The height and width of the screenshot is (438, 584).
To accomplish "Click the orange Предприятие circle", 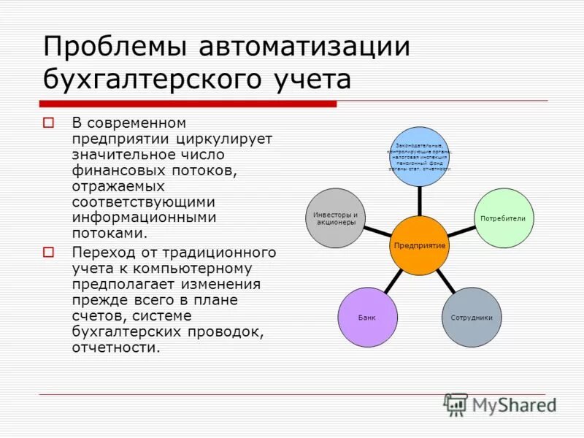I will coord(419,245).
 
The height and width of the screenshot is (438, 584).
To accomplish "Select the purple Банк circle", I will coord(367,318).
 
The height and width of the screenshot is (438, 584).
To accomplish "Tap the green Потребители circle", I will coord(503,218).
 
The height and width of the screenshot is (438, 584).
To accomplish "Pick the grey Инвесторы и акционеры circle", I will coord(335,218).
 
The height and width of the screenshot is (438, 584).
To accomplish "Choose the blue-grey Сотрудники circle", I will coord(472,318).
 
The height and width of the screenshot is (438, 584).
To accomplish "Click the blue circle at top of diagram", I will coord(419,156).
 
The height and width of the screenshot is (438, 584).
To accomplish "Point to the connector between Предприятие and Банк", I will coord(393,281).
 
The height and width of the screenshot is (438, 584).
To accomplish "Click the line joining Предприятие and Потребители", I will coord(461,232).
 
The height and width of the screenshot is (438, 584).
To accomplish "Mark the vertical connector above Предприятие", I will coord(419,201).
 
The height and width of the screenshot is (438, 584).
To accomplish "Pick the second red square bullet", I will coord(49,253).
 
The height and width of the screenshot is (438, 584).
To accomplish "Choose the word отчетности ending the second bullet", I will coord(115,347).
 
